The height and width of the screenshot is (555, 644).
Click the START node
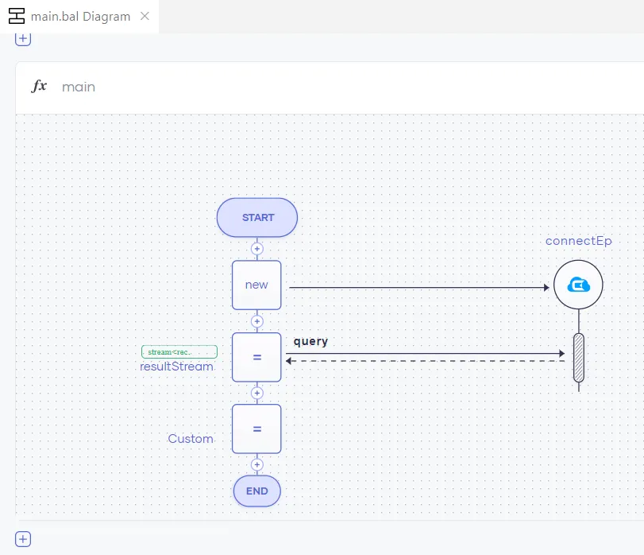257,217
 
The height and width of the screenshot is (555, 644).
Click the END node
256,491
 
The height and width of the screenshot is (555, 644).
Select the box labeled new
256,285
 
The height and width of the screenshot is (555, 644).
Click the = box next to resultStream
256,357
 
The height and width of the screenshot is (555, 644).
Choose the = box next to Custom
256,429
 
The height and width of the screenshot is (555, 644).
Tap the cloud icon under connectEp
578,285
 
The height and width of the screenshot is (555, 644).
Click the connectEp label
578,241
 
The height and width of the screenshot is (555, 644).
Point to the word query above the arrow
310,341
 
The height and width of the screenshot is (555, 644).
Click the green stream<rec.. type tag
179,351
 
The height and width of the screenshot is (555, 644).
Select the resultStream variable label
176,367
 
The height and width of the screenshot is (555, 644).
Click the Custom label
191,439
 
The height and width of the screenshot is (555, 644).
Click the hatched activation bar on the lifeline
578,358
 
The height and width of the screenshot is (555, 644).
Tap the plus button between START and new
256,249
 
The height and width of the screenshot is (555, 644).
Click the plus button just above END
256,464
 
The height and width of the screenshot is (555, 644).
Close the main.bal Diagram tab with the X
145,16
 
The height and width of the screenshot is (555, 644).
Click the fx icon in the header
39,87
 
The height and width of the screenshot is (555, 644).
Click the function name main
79,87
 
